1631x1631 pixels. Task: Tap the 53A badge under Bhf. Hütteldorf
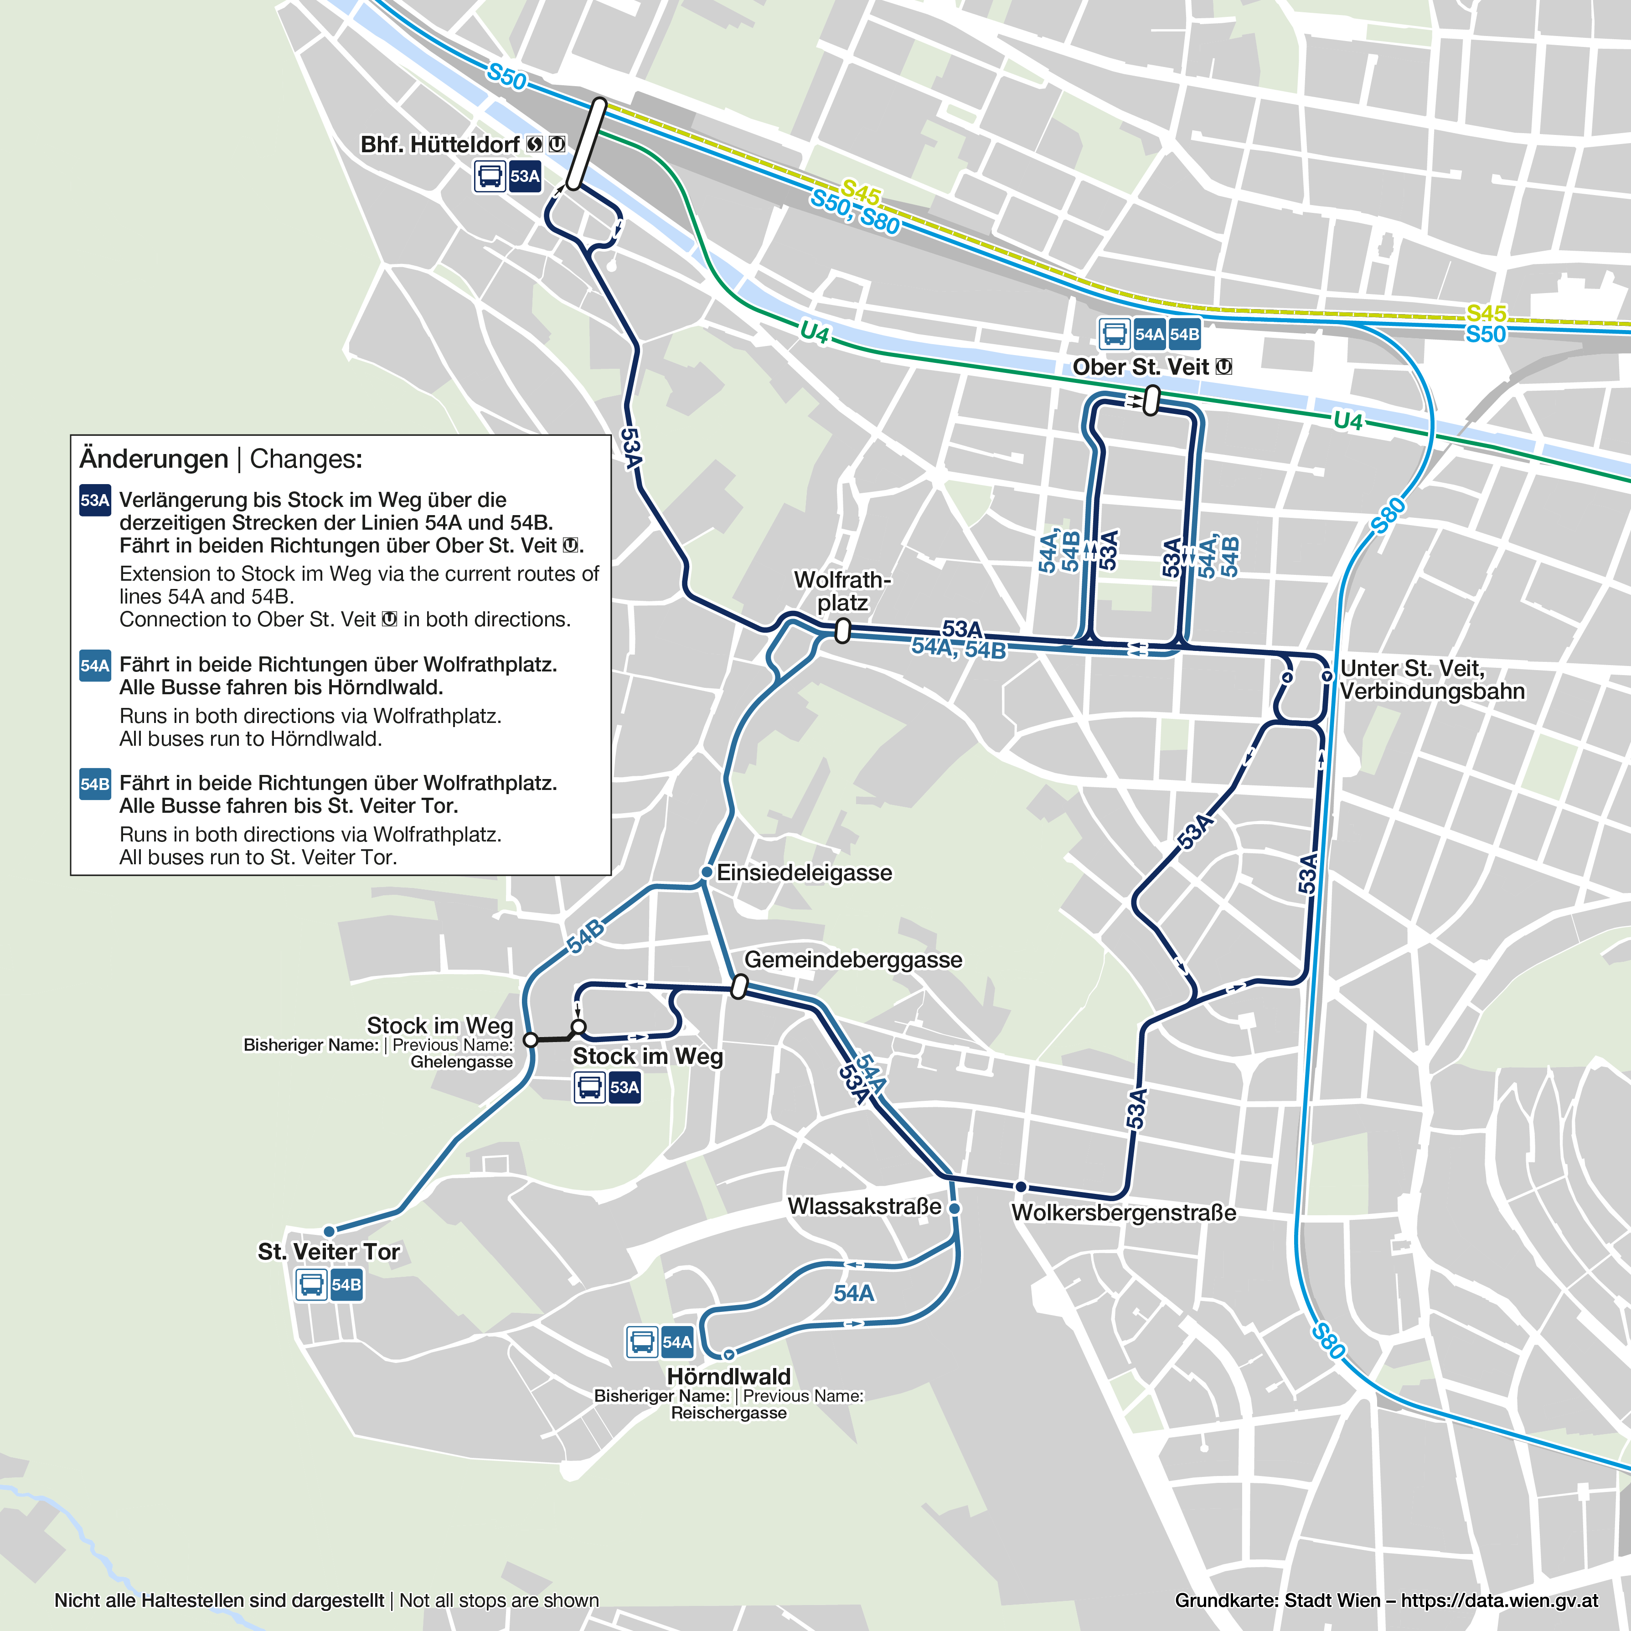pos(524,176)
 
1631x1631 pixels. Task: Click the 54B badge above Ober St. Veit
pos(1184,334)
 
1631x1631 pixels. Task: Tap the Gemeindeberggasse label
pos(852,960)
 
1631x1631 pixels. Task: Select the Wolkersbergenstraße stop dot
pos(1021,1187)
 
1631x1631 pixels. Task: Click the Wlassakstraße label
pos(864,1206)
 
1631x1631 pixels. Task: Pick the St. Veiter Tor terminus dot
pos(329,1232)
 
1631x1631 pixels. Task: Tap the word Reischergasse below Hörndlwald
pos(728,1413)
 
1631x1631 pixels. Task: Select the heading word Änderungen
pos(154,459)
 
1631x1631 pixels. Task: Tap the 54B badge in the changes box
pos(94,784)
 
